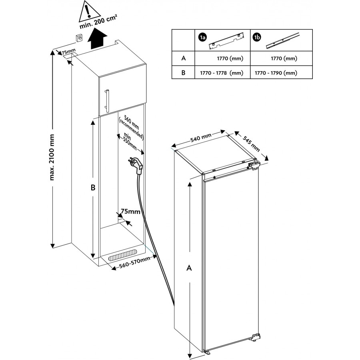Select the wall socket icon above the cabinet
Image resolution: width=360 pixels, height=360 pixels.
[79, 39]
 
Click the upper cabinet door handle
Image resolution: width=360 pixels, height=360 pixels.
[107, 100]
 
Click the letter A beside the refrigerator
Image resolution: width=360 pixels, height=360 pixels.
[189, 268]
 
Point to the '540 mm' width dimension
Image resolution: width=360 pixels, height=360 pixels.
[201, 138]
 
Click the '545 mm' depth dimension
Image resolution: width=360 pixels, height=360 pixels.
[252, 143]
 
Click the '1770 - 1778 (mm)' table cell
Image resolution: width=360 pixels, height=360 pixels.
[222, 73]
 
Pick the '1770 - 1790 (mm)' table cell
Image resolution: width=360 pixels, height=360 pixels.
[281, 73]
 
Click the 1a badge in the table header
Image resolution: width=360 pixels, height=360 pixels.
[202, 38]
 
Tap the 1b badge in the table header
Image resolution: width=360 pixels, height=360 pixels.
[257, 38]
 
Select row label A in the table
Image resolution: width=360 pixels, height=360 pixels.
[183, 58]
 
